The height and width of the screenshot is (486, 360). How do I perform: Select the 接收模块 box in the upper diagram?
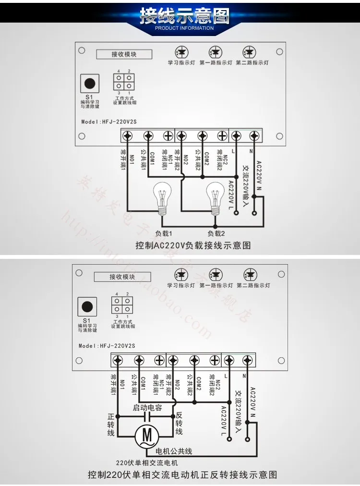coord(124,54)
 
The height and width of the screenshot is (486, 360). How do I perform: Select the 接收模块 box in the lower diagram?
coord(122,277)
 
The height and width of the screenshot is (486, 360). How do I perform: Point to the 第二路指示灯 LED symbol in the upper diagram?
coord(250,51)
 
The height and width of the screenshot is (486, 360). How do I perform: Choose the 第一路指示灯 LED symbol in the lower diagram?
coord(216,275)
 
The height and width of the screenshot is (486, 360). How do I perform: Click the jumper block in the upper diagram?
coord(123,81)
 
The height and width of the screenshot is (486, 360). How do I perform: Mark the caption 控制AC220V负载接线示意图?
coord(193,245)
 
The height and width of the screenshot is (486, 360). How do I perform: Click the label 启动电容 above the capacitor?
coord(147,408)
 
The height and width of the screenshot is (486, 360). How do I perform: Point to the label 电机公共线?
coord(174,451)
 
